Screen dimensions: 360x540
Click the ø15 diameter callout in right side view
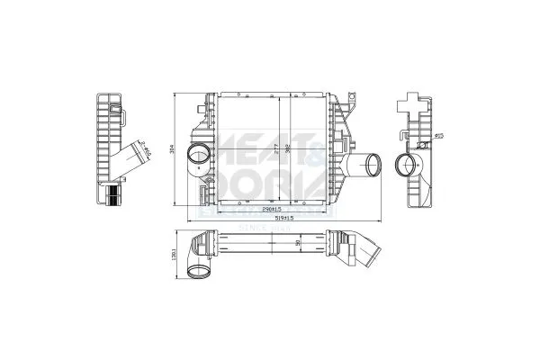tap(440, 136)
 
